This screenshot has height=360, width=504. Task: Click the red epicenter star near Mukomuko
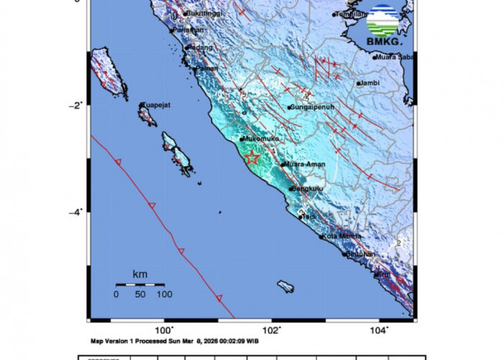pyautogui.click(x=252, y=158)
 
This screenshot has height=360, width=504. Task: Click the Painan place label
pyautogui.click(x=207, y=68)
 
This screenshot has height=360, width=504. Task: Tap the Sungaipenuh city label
pyautogui.click(x=311, y=108)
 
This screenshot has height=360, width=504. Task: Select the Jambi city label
pyautogui.click(x=369, y=84)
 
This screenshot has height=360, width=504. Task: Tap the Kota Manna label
pyautogui.click(x=341, y=236)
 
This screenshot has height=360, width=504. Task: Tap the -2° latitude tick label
pyautogui.click(x=77, y=104)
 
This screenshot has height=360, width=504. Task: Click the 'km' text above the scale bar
pyautogui.click(x=140, y=274)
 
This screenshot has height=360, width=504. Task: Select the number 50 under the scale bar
pyautogui.click(x=140, y=294)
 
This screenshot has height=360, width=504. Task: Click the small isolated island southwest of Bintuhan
pyautogui.click(x=286, y=287)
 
